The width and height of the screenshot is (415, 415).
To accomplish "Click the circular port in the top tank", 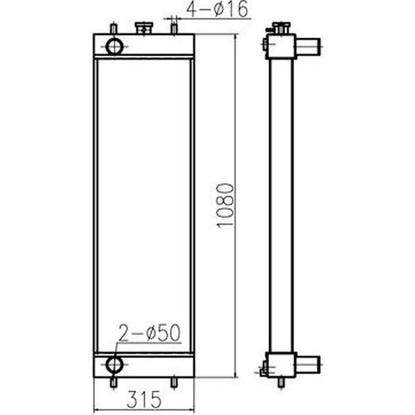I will (115, 46).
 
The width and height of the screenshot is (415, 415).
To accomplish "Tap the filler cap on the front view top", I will (144, 28).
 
